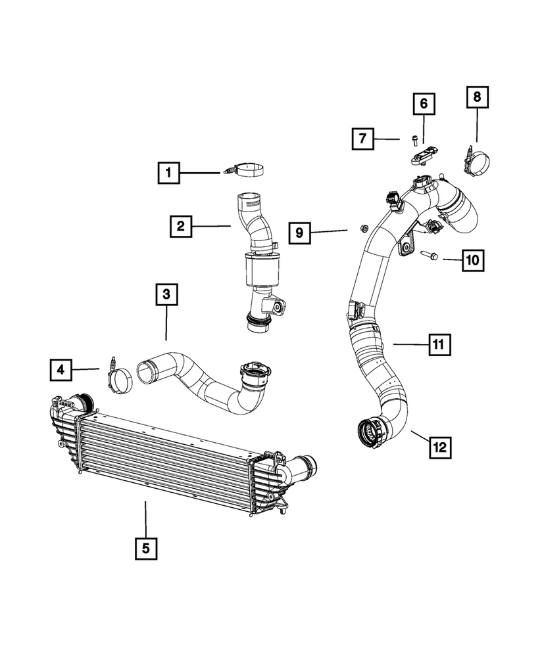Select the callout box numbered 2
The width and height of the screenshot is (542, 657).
click(179, 227)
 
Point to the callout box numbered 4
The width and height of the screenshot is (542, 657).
click(61, 371)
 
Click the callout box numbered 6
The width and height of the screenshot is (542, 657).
click(424, 103)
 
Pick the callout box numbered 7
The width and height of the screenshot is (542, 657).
click(362, 139)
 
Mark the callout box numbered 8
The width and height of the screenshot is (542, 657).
click(477, 97)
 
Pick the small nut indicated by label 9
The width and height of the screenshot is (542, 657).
click(362, 228)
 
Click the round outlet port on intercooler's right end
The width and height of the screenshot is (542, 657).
click(304, 470)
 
